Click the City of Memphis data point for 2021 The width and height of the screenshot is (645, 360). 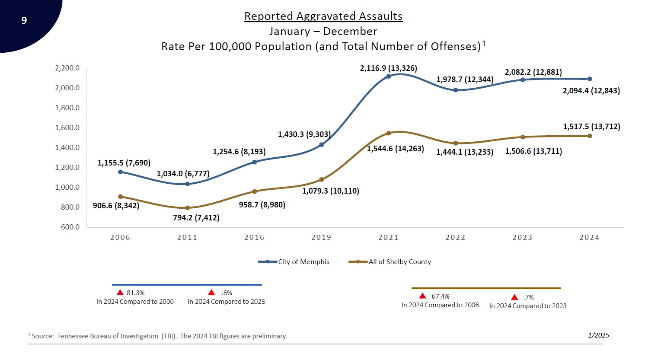click(389, 76)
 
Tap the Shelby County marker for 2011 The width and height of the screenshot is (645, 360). click(187, 208)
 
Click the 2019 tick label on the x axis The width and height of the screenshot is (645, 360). click(321, 237)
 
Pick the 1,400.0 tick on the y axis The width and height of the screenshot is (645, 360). click(67, 147)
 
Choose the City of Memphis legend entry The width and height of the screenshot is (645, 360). click(303, 261)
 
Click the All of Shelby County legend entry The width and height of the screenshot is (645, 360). click(399, 261)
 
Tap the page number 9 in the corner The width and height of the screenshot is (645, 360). click(24, 20)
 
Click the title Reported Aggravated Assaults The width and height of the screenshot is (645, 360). click(323, 16)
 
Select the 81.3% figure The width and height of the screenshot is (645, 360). click(135, 293)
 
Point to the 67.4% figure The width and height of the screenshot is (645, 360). click(441, 296)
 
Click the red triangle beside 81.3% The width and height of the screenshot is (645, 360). click(120, 293)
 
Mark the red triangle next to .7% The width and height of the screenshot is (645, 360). click(514, 297)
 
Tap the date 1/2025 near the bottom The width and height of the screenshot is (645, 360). click(598, 335)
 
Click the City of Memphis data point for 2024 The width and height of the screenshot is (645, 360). click(590, 79)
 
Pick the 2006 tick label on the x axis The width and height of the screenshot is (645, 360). click(120, 237)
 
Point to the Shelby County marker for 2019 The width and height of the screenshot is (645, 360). click(321, 179)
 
